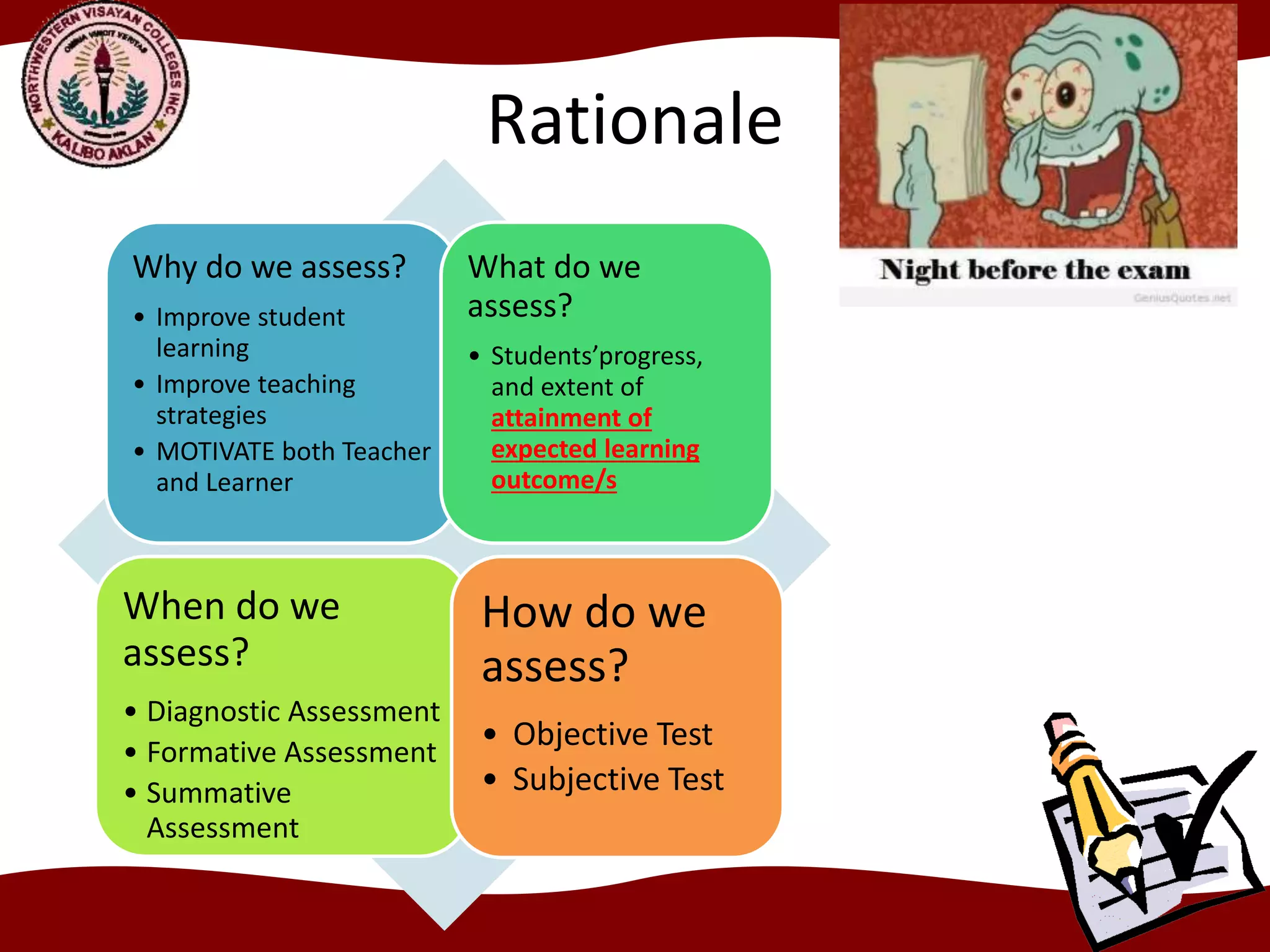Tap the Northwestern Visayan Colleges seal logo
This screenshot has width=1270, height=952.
105,85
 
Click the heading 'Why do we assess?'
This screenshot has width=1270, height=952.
269,267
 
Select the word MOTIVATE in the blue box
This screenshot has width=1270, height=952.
215,451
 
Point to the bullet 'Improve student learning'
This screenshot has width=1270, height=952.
250,332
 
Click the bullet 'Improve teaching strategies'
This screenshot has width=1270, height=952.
255,399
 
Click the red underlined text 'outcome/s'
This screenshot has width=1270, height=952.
554,480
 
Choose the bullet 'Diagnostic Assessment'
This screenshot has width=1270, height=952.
293,712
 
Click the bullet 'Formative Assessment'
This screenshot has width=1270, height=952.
291,752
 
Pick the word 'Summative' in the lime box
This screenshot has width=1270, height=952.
219,793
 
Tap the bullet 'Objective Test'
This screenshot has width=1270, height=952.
612,734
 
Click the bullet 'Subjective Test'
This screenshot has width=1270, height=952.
618,779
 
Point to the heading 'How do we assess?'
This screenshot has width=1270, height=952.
593,638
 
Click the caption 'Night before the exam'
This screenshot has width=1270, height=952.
1034,270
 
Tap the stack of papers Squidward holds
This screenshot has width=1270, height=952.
930,124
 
